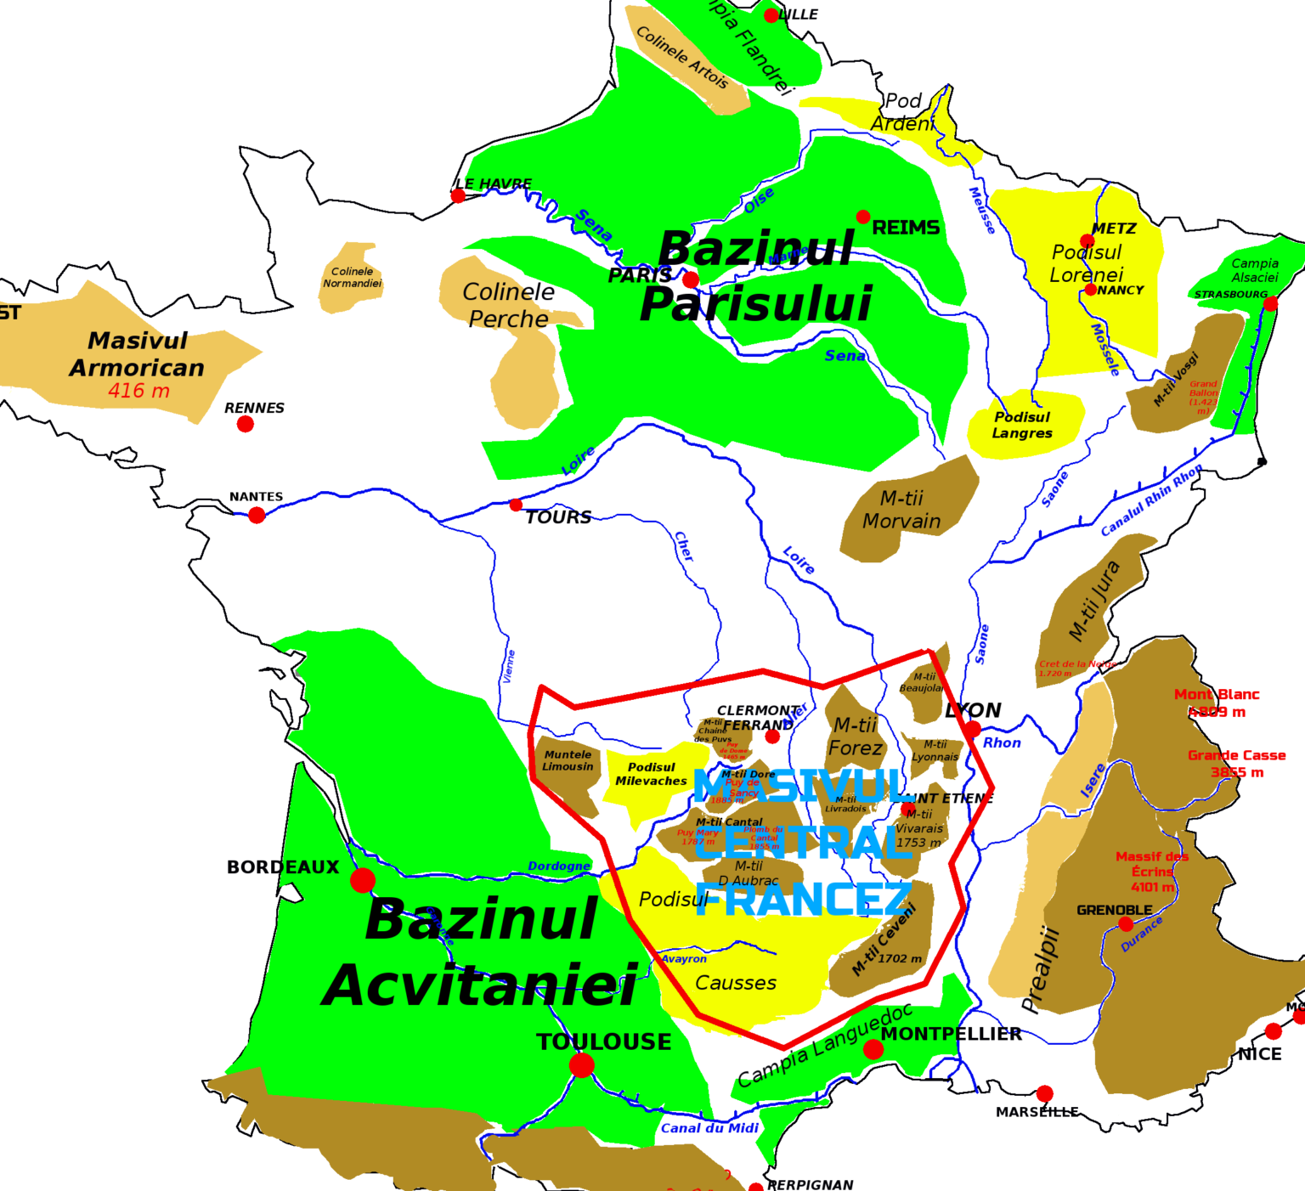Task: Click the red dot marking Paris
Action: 691,279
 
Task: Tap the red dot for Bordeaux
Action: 363,880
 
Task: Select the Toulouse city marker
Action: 582,1064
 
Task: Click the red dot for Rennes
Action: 246,424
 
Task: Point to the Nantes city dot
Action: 257,515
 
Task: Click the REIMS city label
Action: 906,228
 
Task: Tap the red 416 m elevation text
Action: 138,391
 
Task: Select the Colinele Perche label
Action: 508,305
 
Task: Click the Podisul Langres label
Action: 1023,425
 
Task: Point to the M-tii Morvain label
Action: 901,510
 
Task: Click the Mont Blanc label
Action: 1217,695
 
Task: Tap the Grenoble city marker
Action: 1126,924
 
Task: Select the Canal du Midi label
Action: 709,1128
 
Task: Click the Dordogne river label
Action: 559,866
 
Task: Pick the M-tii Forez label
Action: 856,737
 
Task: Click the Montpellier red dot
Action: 873,1050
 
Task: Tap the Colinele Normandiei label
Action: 352,277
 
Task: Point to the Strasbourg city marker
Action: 1270,304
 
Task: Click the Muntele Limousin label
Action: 568,760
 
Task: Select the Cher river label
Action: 684,546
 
